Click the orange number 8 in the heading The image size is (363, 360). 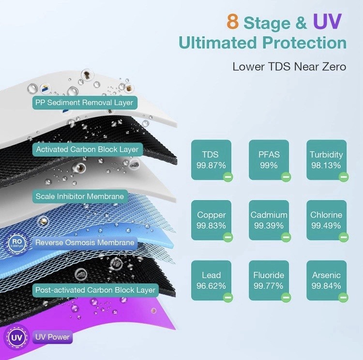[233, 21]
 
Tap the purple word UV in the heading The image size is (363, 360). [327, 21]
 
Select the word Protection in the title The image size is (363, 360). [304, 43]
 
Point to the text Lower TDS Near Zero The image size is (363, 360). [289, 67]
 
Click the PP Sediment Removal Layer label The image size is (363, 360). [85, 103]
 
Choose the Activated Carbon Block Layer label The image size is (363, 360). [88, 150]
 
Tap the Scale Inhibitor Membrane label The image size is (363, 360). [80, 197]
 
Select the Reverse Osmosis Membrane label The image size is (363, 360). [85, 243]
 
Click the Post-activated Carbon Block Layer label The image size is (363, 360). [95, 290]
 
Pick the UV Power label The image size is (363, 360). [53, 337]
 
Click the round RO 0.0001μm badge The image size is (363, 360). [16, 243]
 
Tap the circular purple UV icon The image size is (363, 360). [17, 338]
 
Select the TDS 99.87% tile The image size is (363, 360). [211, 160]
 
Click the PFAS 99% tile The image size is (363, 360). [269, 160]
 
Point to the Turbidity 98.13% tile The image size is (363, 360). [326, 160]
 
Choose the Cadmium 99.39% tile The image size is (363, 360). [269, 220]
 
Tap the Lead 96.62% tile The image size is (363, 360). [211, 281]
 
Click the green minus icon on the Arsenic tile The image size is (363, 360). [343, 297]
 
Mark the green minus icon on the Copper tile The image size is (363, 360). [228, 237]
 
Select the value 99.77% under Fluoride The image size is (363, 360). [269, 286]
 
